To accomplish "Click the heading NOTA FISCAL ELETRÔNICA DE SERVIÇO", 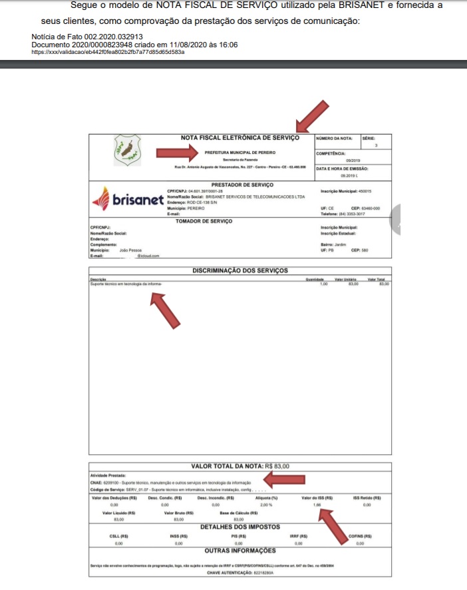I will tap(240, 138).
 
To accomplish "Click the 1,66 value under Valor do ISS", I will tap(317, 505).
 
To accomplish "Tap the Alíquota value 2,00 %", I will tap(266, 505).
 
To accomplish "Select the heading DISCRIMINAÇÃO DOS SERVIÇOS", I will tap(239, 270).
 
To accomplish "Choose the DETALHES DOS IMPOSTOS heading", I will tap(239, 526).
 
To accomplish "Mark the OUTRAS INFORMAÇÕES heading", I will tap(239, 551).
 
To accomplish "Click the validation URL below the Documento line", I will tap(108, 51).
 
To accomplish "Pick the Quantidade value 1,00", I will tap(324, 284).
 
